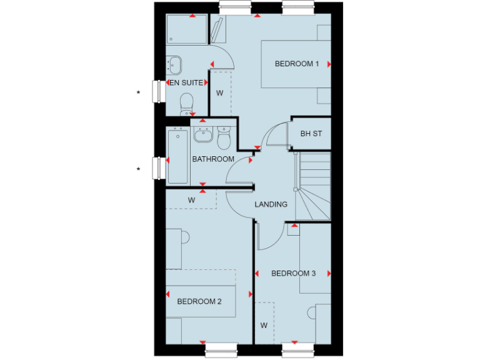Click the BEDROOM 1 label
coord(297,64)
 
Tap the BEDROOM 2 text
coord(199,301)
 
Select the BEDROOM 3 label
coord(293,273)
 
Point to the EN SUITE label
coord(186,82)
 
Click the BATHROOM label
coord(213,159)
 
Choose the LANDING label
coord(271,204)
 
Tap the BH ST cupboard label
coord(311,134)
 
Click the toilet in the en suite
coord(186,103)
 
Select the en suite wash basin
coord(174,64)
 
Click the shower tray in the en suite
coord(186,29)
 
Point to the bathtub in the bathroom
coord(178,156)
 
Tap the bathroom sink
coord(203,134)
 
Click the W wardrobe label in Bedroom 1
coord(219,93)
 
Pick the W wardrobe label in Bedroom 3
coord(264,326)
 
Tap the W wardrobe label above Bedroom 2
coord(192,200)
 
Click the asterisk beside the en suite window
coord(139,93)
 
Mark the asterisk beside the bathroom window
coord(139,169)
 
